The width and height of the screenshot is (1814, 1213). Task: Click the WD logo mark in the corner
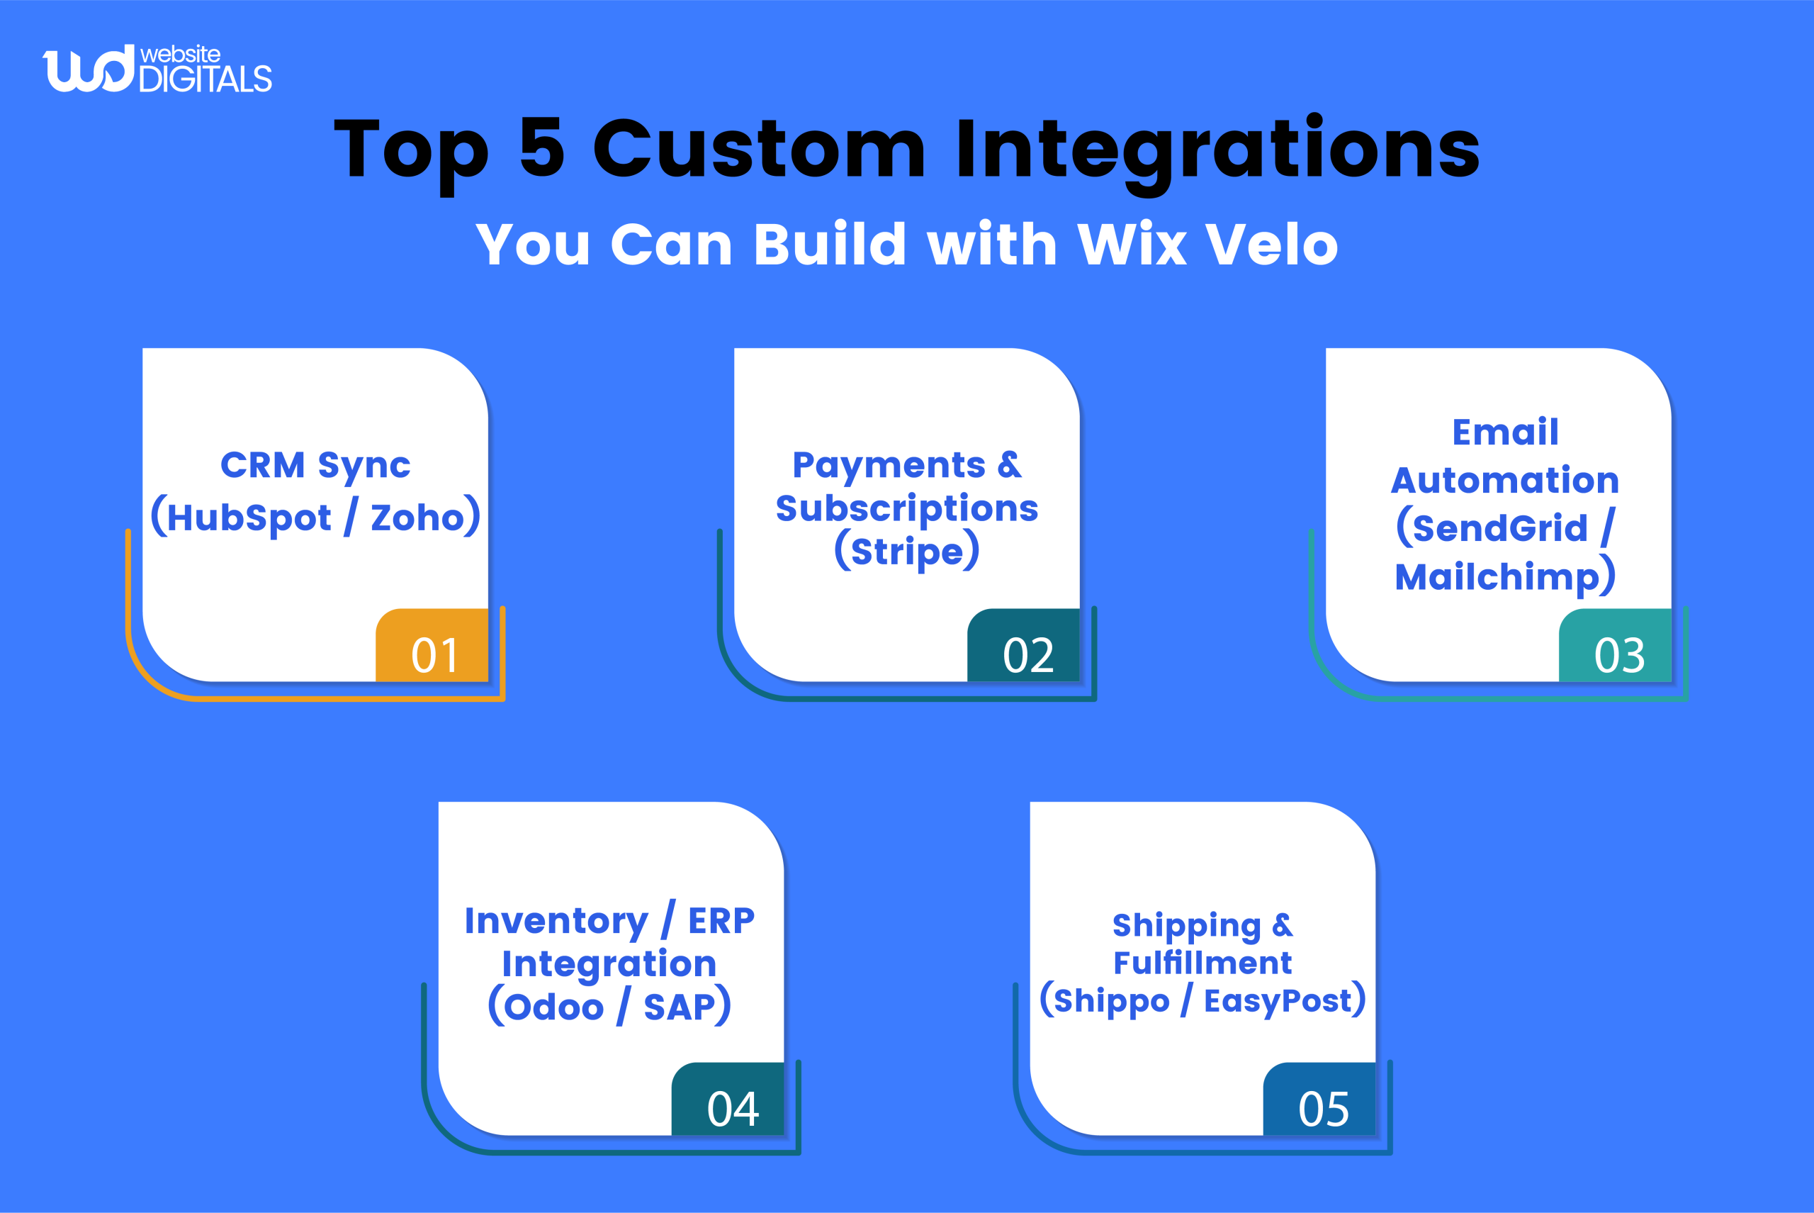coord(88,69)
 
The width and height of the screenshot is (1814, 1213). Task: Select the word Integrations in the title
coord(1217,149)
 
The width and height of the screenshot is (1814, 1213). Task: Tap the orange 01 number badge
coord(432,647)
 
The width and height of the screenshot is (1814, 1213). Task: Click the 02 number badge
coord(1024,647)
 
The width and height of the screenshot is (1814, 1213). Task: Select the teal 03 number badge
coord(1616,647)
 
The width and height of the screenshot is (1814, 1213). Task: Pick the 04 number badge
coord(728,1100)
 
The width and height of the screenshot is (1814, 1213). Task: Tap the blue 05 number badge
coord(1320,1100)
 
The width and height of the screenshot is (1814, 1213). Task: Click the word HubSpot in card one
coord(249,518)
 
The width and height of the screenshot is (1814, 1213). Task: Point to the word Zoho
coord(417,518)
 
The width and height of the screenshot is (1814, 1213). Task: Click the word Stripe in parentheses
coord(907,552)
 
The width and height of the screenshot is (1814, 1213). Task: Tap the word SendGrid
coord(1499,528)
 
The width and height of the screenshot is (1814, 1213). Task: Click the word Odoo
coord(553,1007)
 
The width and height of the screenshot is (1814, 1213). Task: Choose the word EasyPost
coord(1278,1001)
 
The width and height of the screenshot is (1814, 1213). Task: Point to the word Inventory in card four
coord(556,922)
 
